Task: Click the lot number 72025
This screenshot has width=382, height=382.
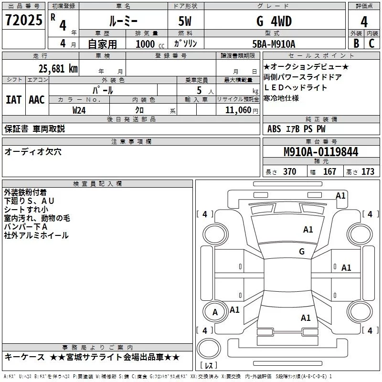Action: (x=24, y=20)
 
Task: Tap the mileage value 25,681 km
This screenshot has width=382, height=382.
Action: (x=58, y=69)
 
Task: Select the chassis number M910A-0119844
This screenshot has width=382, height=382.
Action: (x=321, y=152)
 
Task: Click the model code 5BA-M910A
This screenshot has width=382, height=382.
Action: (x=274, y=44)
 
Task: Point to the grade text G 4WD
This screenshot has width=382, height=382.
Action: (x=274, y=21)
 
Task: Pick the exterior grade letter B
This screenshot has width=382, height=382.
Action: (x=356, y=43)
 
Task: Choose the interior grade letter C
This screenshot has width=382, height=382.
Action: (x=371, y=43)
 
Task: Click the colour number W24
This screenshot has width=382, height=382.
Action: (x=79, y=110)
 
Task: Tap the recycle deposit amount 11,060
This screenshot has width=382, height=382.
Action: (x=238, y=110)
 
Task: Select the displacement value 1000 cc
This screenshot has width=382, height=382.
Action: (x=150, y=44)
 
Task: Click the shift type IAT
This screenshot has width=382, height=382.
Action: (x=13, y=100)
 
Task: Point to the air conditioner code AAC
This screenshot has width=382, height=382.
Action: (x=37, y=100)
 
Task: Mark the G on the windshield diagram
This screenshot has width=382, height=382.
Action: (x=302, y=252)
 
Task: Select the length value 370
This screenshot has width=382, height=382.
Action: (x=289, y=171)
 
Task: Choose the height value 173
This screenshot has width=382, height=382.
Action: (x=368, y=171)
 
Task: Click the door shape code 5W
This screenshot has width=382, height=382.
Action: (x=185, y=21)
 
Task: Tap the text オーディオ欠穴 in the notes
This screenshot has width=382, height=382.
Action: (x=33, y=152)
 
